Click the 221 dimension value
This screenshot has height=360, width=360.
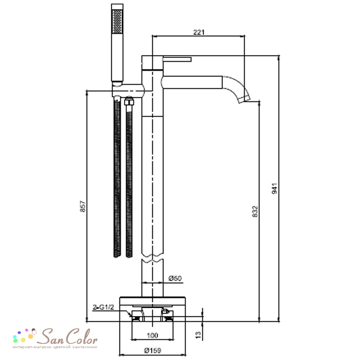(199, 32)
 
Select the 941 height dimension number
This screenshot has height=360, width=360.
(275, 189)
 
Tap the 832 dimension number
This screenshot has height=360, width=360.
(255, 211)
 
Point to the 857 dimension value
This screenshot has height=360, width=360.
(83, 206)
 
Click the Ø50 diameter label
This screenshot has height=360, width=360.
(175, 278)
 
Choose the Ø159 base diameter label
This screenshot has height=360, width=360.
(153, 351)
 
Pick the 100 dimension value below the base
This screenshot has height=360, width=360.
(152, 336)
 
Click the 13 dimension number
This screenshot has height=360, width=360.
(198, 334)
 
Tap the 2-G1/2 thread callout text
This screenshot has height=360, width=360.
(103, 307)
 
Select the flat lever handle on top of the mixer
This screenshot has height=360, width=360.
(177, 59)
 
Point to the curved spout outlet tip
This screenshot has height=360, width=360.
(244, 100)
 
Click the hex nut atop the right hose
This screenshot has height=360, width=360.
(129, 101)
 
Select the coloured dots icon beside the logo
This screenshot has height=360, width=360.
(24, 336)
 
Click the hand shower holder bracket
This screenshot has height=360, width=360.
(128, 90)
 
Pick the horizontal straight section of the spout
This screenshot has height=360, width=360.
(192, 82)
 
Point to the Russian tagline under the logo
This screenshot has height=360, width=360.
(55, 347)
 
